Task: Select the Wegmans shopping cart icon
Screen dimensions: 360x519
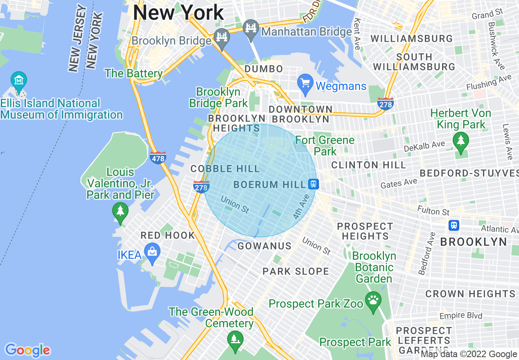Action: [x=305, y=83]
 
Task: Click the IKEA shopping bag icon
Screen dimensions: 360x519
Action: [x=152, y=253]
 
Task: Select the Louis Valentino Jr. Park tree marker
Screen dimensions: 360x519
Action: [x=120, y=212]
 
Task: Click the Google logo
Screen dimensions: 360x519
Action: [x=27, y=350]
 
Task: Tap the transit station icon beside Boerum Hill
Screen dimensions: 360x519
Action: [x=313, y=184]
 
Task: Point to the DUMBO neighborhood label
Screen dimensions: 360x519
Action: [x=264, y=69]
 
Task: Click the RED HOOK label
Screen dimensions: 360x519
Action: [x=168, y=235]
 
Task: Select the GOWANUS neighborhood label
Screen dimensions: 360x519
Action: [x=264, y=246]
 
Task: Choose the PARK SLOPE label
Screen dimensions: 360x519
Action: [x=296, y=271]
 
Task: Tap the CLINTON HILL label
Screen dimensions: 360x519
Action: [x=368, y=165]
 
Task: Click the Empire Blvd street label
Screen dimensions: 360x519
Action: [x=460, y=315]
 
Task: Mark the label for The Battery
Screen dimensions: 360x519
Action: [x=134, y=74]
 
